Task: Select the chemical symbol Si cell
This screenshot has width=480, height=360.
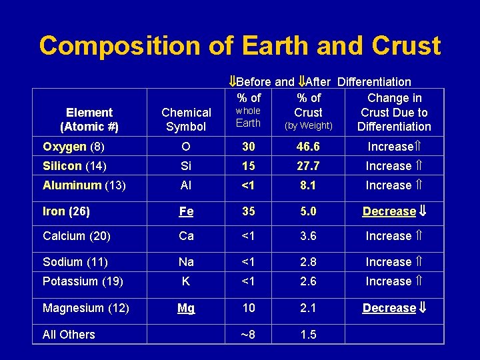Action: pyautogui.click(x=186, y=166)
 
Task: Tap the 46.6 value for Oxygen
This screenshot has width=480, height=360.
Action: pyautogui.click(x=307, y=147)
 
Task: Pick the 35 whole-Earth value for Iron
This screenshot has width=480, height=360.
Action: pyautogui.click(x=248, y=211)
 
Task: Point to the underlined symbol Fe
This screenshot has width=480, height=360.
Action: pyautogui.click(x=186, y=211)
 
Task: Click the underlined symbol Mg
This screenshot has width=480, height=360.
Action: pyautogui.click(x=186, y=308)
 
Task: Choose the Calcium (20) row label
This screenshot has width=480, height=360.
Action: pyautogui.click(x=77, y=236)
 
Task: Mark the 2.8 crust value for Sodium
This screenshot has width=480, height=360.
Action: pyautogui.click(x=307, y=262)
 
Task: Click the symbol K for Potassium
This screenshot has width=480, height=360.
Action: pyautogui.click(x=186, y=281)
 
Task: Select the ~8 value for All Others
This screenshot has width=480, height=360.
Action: pyautogui.click(x=248, y=335)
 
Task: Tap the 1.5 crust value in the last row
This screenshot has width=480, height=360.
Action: pyautogui.click(x=307, y=335)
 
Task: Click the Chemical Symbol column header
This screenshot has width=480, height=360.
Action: pyautogui.click(x=186, y=119)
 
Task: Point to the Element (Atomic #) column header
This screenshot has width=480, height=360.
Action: pyautogui.click(x=89, y=119)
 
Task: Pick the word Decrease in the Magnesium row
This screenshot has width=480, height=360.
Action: pyautogui.click(x=389, y=308)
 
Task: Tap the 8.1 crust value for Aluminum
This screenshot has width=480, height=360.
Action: pyautogui.click(x=307, y=185)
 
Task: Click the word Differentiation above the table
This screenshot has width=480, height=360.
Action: pyautogui.click(x=374, y=82)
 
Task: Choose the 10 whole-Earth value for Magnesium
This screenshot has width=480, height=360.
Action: pyautogui.click(x=248, y=308)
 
